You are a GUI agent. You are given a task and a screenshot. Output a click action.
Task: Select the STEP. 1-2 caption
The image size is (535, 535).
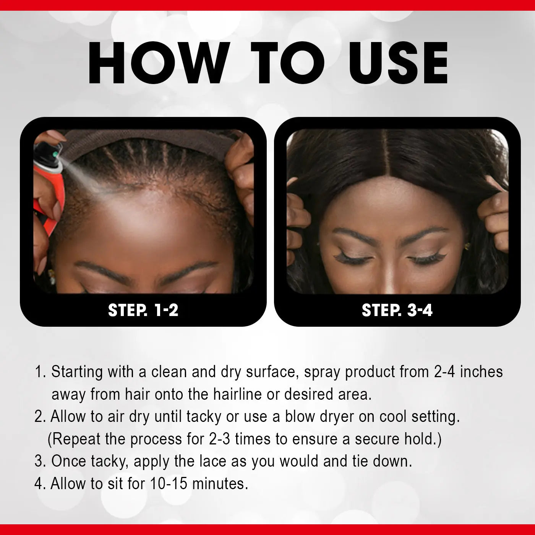pos(143,310)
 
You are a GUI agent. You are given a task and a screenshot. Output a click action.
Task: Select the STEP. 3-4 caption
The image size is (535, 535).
pos(397,310)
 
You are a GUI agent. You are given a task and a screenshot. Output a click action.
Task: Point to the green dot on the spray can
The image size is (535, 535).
pos(56,154)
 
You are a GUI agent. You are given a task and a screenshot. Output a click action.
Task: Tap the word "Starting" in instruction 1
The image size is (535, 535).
pos(77,372)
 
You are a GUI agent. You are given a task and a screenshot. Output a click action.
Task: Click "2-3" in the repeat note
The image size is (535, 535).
pos(219,439)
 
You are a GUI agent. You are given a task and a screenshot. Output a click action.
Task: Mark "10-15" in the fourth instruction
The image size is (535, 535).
pos(169,484)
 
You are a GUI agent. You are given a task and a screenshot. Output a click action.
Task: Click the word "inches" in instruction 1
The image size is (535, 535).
pos(481,372)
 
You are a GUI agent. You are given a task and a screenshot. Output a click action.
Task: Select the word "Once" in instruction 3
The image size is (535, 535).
pos(69,461)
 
